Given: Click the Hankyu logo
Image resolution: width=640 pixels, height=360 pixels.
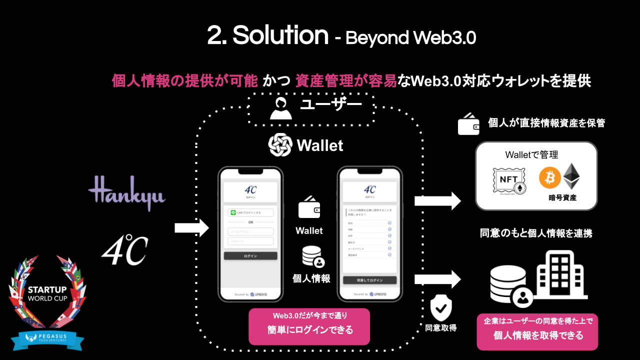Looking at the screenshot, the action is tap(126, 192).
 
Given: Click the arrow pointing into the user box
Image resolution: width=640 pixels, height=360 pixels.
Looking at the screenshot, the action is tap(191, 228).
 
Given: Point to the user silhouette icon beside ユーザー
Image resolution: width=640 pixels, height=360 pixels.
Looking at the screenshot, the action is tap(280, 108).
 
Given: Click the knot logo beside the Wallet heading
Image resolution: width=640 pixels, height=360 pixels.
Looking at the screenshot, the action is tap(280, 145).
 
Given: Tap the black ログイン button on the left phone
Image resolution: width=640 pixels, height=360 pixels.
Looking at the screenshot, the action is tap(250, 256).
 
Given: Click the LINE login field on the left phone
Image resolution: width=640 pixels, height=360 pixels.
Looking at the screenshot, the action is tap(250, 212).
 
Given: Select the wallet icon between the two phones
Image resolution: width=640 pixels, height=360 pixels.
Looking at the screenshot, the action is tap(309, 207).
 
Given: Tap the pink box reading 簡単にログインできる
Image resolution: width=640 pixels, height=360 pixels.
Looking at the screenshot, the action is tap(309, 326).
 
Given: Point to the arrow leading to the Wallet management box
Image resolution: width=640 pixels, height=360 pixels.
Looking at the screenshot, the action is tap(437, 201).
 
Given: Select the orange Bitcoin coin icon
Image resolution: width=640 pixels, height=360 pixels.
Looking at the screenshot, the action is tap(549, 178).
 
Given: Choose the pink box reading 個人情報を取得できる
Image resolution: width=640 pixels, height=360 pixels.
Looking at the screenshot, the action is tap(537, 331).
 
